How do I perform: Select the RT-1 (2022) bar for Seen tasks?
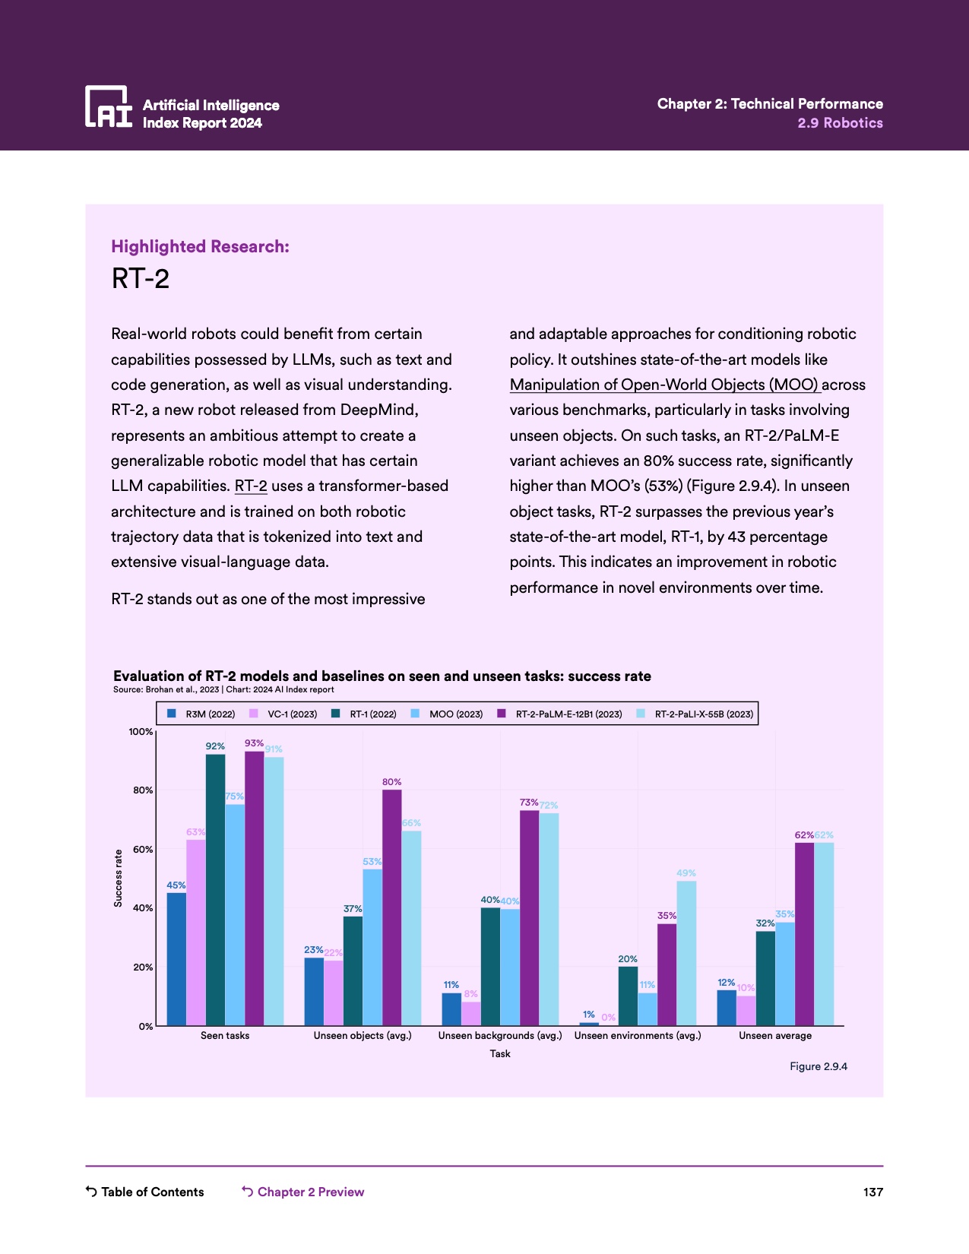[x=215, y=889]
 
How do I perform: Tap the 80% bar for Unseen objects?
[x=391, y=907]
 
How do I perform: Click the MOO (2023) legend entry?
[x=448, y=714]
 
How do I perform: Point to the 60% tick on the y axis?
[x=144, y=849]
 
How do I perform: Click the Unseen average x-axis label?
[x=774, y=1035]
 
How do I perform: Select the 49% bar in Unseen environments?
[x=686, y=953]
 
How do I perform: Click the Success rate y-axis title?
[x=118, y=878]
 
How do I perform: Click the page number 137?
[x=872, y=1192]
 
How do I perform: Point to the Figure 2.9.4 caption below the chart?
[x=818, y=1066]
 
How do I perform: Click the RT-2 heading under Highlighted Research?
[x=141, y=279]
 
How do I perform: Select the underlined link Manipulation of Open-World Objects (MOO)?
[x=664, y=385]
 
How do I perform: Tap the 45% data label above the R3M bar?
[x=176, y=885]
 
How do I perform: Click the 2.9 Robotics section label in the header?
[x=840, y=123]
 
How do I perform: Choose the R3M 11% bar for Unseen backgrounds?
[x=451, y=1009]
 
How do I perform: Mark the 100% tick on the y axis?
[x=141, y=732]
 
